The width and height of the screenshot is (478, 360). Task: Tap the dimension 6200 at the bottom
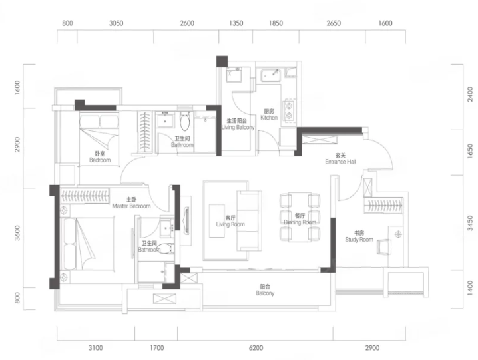[x=256, y=348]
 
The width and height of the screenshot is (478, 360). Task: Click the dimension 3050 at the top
[x=116, y=23]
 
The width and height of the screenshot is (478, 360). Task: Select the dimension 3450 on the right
[x=470, y=223]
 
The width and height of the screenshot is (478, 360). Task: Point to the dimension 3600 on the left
[x=17, y=233]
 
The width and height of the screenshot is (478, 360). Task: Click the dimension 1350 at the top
[x=236, y=23]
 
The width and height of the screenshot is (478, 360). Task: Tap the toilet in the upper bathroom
[x=184, y=121]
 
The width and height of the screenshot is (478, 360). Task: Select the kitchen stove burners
[x=288, y=111]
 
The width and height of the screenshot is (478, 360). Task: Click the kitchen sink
[x=270, y=75]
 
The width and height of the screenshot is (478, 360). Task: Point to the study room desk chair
[x=384, y=246]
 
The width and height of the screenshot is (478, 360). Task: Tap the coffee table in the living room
[x=217, y=220]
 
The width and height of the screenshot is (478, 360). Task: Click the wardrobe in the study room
[x=383, y=205]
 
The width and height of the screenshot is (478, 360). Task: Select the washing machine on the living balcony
[x=234, y=75]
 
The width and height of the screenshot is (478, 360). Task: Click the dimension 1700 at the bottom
[x=156, y=348]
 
